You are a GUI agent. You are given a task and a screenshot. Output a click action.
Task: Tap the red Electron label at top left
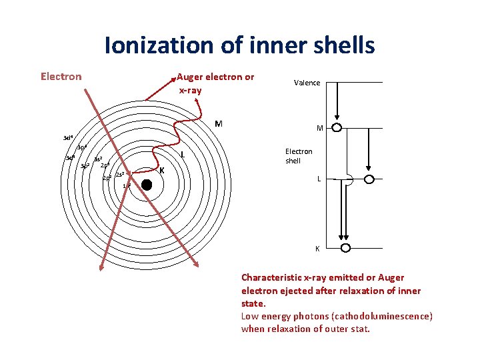coord(61,77)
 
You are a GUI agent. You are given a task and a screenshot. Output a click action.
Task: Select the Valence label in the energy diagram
coord(307,83)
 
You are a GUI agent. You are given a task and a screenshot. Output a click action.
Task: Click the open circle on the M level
coord(337,127)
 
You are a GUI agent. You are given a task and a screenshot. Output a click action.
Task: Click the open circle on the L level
coord(369,179)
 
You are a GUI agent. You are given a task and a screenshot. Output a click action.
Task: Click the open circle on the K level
coord(345,247)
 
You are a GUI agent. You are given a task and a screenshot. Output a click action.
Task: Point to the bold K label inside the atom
coord(162,170)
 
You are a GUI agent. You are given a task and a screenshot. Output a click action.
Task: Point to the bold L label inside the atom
coord(183,155)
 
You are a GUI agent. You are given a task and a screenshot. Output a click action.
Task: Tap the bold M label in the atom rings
coord(219,124)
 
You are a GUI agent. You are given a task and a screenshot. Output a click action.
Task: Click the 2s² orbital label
coord(120,175)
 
